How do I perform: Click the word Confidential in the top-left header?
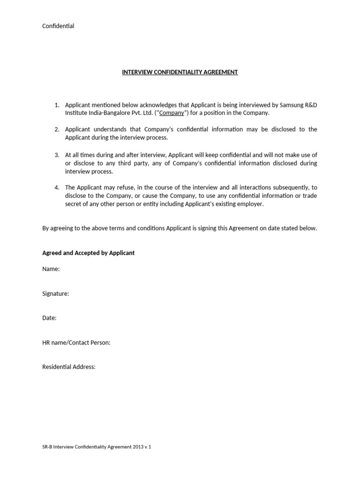(58, 26)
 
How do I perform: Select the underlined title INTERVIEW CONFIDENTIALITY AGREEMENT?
(180, 72)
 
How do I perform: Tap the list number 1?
(57, 105)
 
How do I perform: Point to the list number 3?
(57, 155)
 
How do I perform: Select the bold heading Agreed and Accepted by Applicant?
(88, 253)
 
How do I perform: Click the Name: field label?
(51, 269)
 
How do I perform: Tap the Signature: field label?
(56, 293)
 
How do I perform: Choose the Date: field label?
(49, 318)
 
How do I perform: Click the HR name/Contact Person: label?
(76, 343)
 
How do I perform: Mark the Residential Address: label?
(69, 367)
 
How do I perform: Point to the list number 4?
(57, 187)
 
